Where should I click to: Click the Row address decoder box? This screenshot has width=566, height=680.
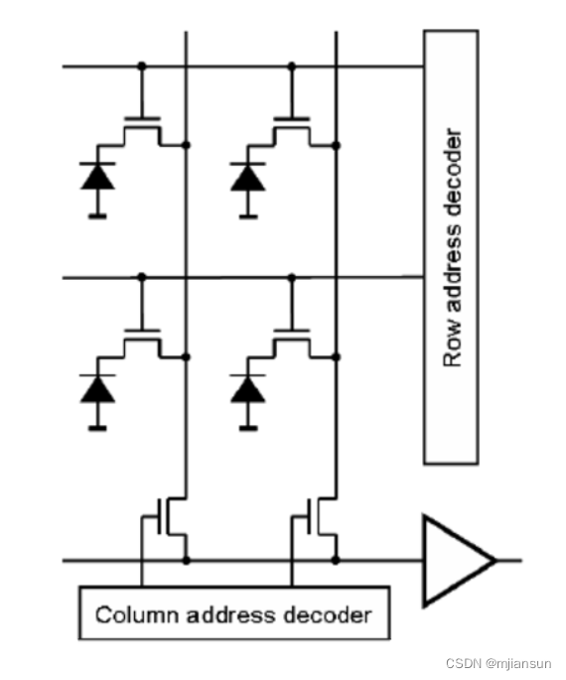click(x=451, y=246)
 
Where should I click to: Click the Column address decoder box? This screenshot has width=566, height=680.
click(x=233, y=614)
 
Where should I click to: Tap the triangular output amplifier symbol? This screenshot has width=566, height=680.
click(x=453, y=560)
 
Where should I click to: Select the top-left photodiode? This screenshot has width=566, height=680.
click(x=97, y=178)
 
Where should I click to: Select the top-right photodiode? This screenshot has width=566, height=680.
click(x=247, y=178)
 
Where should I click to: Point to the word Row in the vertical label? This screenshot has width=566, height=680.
click(x=453, y=347)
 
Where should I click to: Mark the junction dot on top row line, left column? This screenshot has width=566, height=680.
click(x=141, y=67)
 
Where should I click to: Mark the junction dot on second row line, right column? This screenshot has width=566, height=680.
click(x=291, y=278)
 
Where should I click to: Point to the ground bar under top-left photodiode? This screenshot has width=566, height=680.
click(x=97, y=213)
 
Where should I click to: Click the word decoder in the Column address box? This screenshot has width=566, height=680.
click(x=333, y=614)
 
